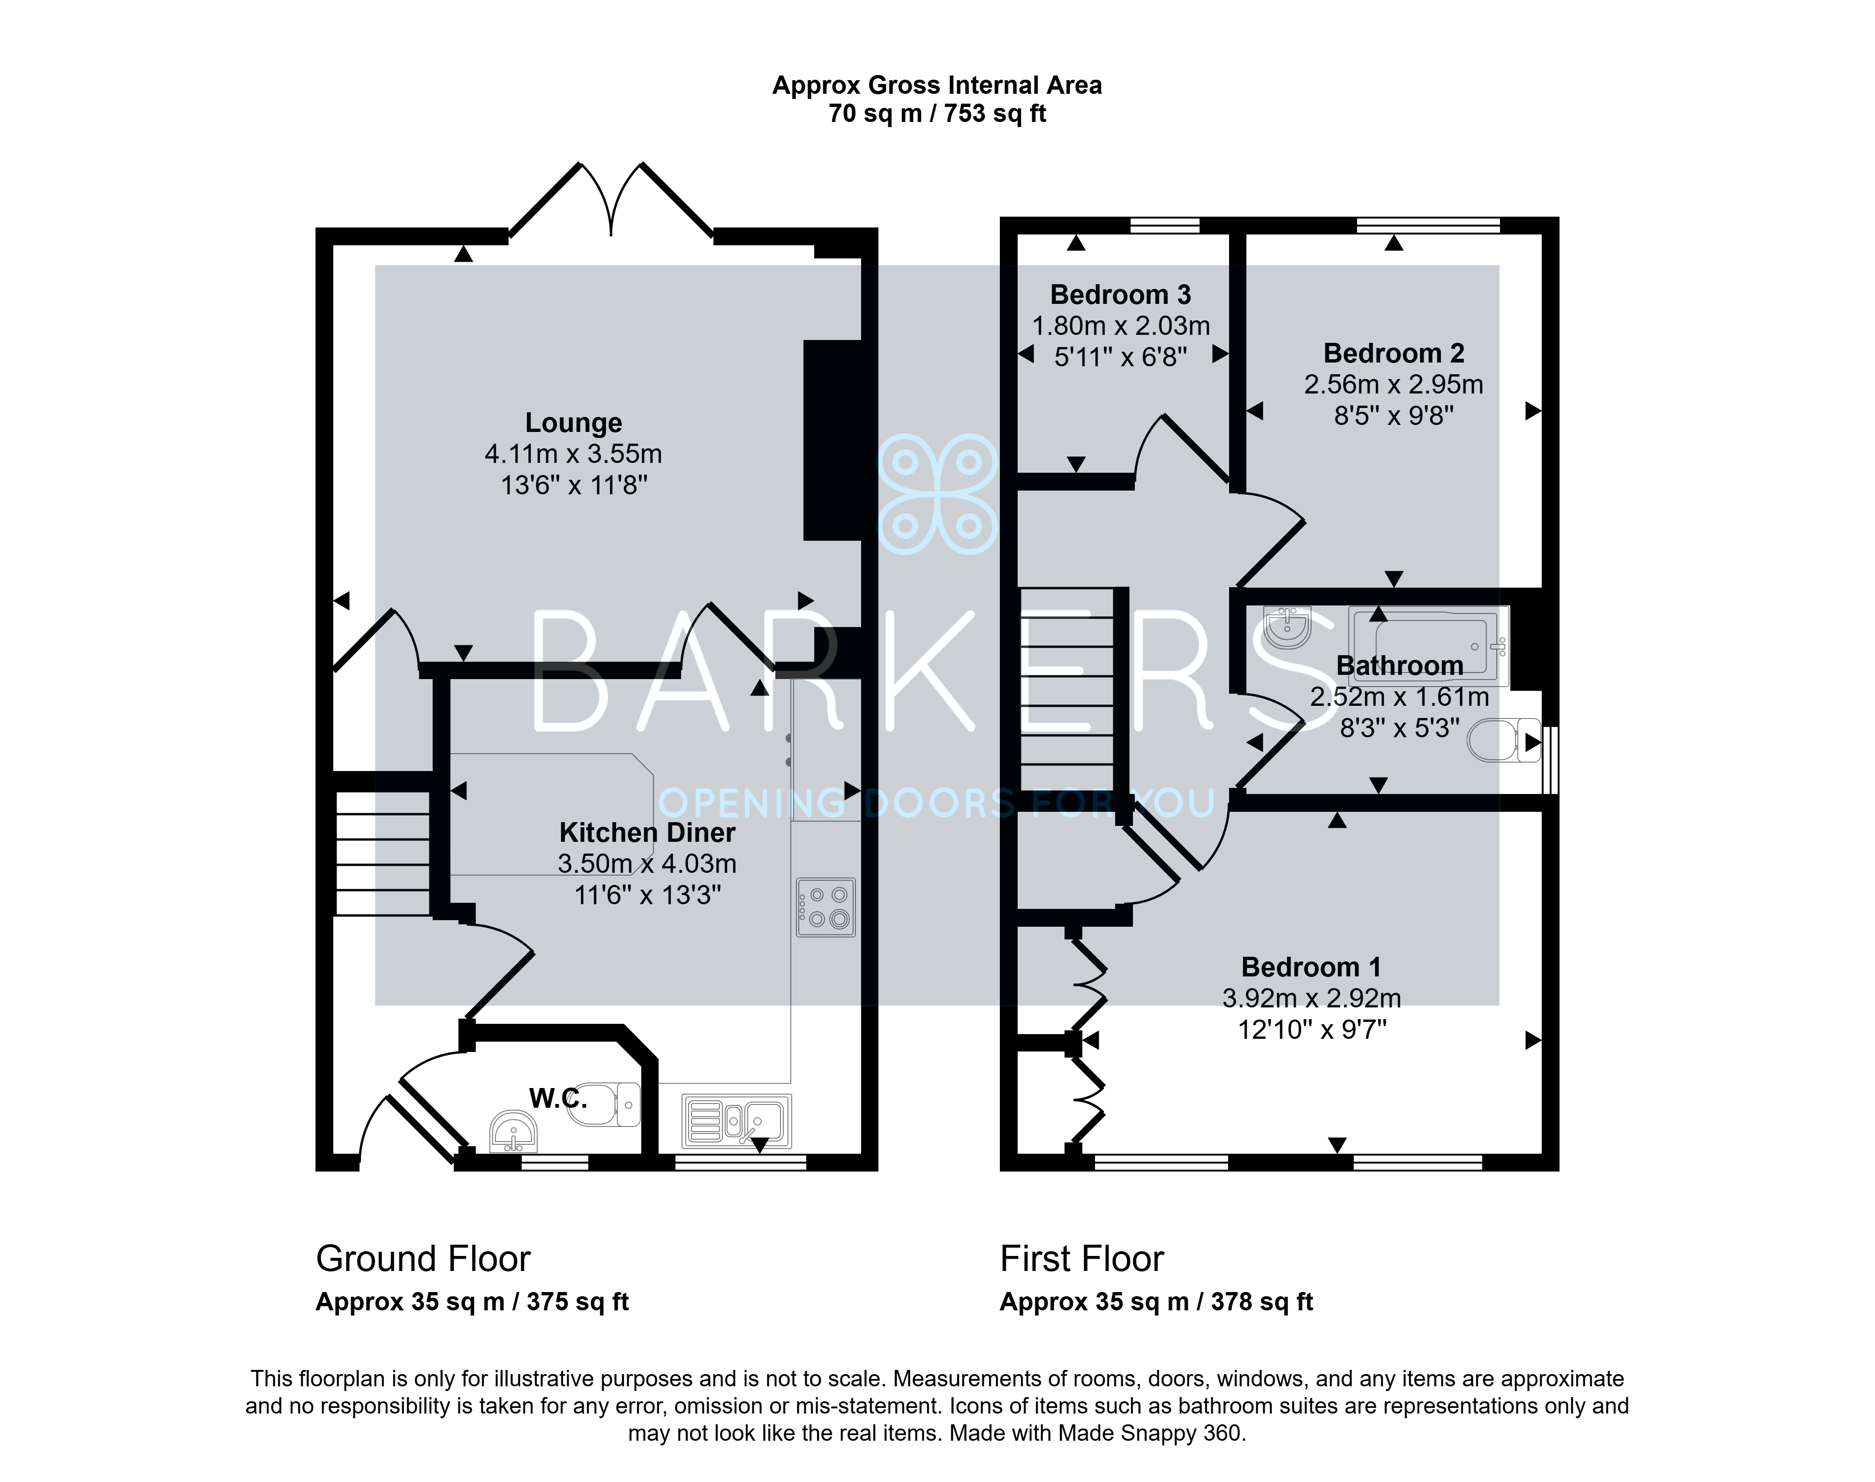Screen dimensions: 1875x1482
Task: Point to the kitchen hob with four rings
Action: [825, 907]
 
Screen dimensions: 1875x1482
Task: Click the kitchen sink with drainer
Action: [736, 1120]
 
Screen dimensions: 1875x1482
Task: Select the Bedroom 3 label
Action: [1120, 295]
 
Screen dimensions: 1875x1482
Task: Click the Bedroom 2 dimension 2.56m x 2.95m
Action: [1394, 385]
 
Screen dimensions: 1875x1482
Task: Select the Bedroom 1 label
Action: [1311, 967]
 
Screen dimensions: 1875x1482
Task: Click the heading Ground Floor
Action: [423, 1259]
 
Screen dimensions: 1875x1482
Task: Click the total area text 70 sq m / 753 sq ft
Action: [937, 113]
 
